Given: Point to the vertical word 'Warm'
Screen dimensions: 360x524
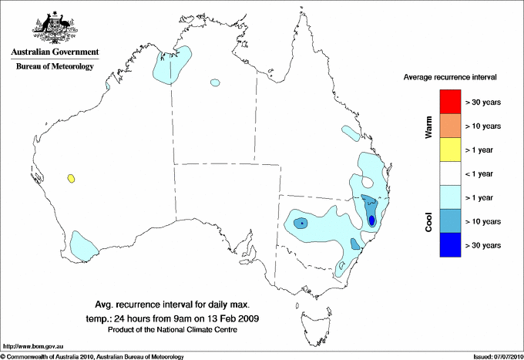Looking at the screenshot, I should (x=428, y=126).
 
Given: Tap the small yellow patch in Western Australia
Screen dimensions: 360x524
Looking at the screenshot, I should (x=72, y=179).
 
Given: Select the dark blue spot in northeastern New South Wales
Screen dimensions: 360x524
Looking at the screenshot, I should (x=372, y=220).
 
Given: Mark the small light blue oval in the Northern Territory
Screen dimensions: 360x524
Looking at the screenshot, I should (x=214, y=82).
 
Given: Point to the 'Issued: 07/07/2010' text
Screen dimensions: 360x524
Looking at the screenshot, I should (x=496, y=356).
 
